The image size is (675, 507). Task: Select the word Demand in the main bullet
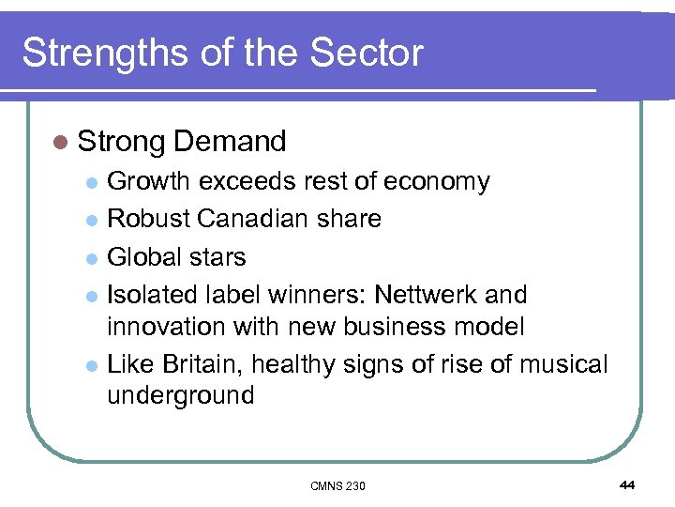tap(230, 142)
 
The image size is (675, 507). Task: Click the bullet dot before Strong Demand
tap(61, 143)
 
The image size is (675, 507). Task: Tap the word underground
tap(180, 395)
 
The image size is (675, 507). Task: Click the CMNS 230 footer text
tap(337, 485)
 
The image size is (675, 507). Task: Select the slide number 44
tap(627, 484)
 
